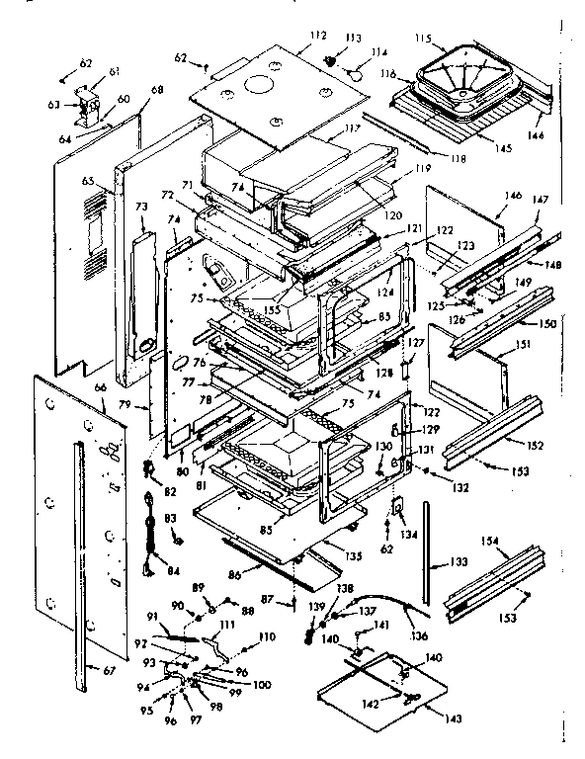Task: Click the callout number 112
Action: click(x=317, y=37)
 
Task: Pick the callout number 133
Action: click(x=458, y=563)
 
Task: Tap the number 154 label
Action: click(x=518, y=542)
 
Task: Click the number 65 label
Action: click(x=87, y=182)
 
